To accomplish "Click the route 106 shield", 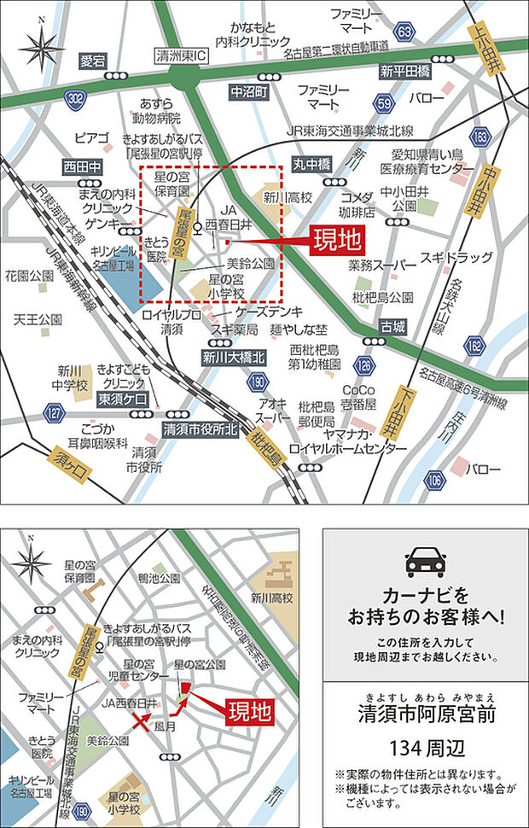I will tap(436, 481).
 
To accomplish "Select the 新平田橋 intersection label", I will tap(404, 71).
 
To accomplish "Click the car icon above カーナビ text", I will tap(425, 560).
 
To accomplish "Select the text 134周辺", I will tap(426, 749).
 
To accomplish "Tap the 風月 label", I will tap(165, 726).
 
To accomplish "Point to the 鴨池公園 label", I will tap(157, 580).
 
